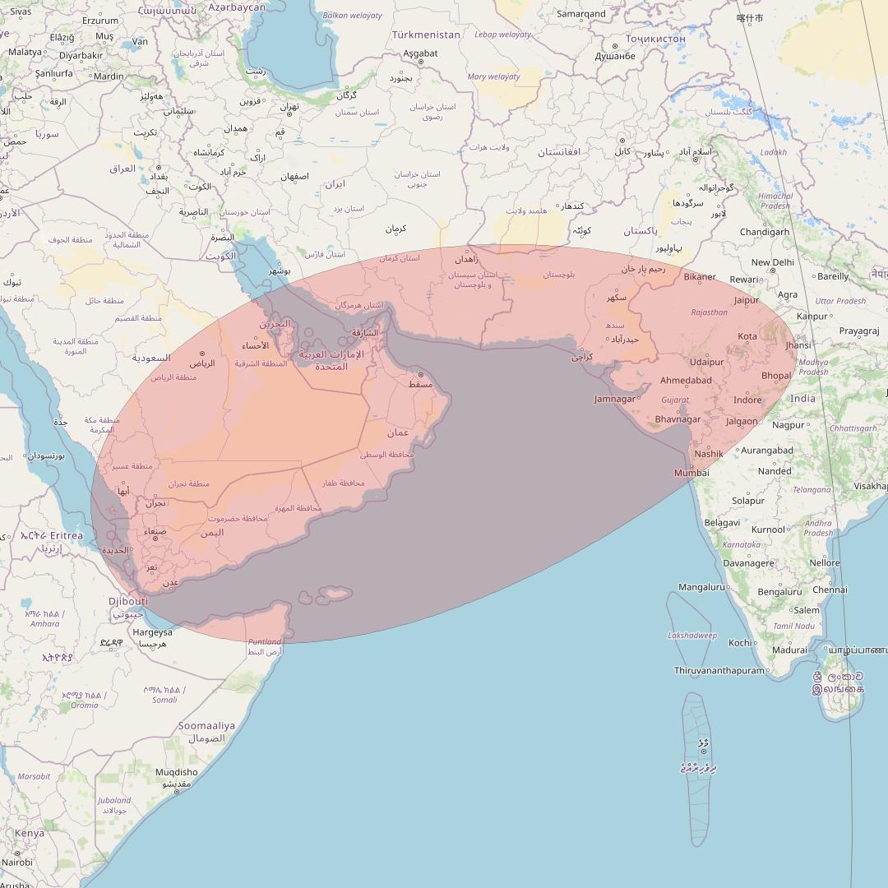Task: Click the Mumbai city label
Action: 691,473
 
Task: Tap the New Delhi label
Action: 772,262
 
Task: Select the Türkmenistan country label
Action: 426,35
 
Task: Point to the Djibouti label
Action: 128,601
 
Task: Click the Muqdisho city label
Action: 177,772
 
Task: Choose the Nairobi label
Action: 16,863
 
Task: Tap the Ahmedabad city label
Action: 686,380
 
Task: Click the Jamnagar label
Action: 615,399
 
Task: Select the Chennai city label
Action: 830,589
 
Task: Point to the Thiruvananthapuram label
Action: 719,670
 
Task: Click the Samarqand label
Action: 580,13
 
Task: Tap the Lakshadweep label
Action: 692,636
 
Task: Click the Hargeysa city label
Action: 153,632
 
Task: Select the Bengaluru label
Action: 779,591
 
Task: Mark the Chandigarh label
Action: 765,232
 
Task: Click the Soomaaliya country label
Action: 206,725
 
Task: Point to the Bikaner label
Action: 700,276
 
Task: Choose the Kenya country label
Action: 30,833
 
